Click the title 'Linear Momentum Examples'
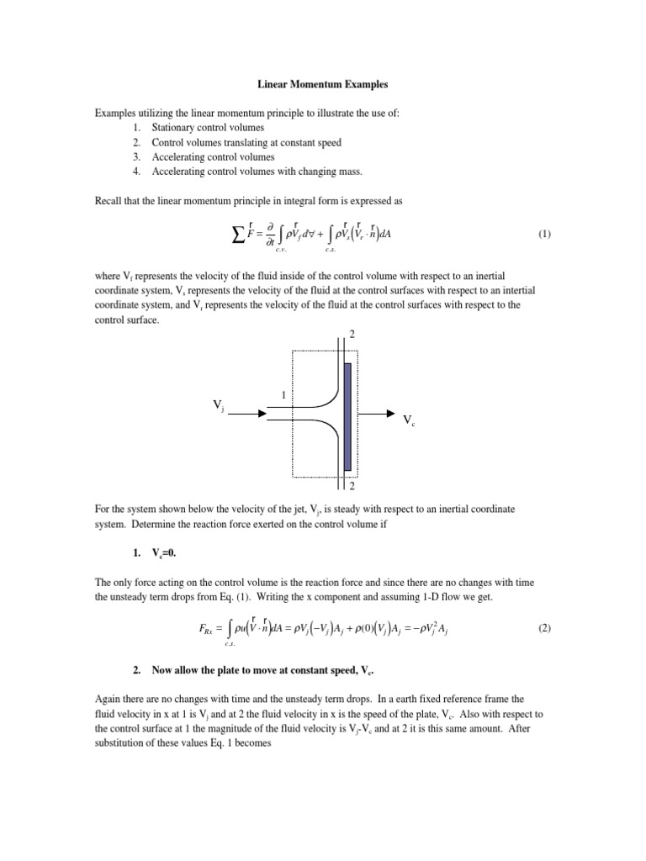323,85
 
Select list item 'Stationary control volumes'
208,127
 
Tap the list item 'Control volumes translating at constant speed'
246,142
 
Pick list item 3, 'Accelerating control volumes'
213,156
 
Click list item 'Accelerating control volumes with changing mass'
257,172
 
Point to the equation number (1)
544,235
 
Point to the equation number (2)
544,627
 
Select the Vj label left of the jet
219,408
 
